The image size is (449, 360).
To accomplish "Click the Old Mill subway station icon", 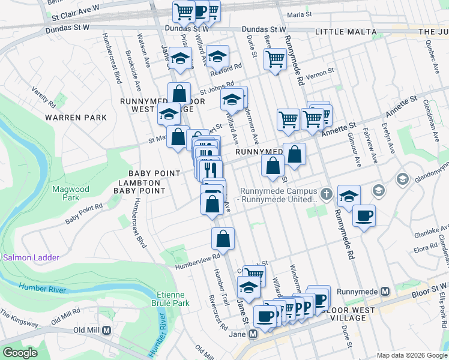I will coord(107,330).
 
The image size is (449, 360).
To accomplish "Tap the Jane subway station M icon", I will coord(253,334).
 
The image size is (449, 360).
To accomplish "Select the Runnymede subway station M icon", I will coord(385,291).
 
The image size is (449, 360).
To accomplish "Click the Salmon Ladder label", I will coord(31,257).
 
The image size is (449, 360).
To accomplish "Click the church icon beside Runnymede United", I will coord(326,194).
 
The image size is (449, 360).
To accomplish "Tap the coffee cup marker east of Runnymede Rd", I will coord(364,215).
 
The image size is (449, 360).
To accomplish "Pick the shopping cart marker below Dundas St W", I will coord(274,59).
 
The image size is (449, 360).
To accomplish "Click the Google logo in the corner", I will coord(20,353).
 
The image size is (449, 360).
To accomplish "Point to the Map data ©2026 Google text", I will coord(411,355).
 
